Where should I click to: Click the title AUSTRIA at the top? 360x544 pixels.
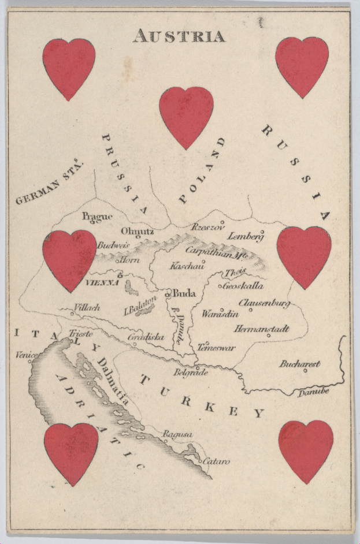(x=179, y=36)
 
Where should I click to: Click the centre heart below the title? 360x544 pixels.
(x=186, y=115)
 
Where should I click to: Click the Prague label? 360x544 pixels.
(x=97, y=217)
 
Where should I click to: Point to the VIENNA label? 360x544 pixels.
(x=102, y=283)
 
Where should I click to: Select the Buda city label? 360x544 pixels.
(x=184, y=293)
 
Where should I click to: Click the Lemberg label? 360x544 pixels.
(x=246, y=236)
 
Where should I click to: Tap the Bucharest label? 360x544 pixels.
(x=299, y=364)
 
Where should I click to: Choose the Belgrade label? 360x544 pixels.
(x=190, y=373)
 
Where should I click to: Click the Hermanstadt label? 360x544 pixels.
(x=261, y=329)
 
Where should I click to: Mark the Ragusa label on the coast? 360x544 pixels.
(x=177, y=434)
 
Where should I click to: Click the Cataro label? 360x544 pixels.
(x=216, y=461)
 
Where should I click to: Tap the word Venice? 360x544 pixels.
(x=26, y=355)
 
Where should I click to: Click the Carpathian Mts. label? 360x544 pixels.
(x=216, y=252)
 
